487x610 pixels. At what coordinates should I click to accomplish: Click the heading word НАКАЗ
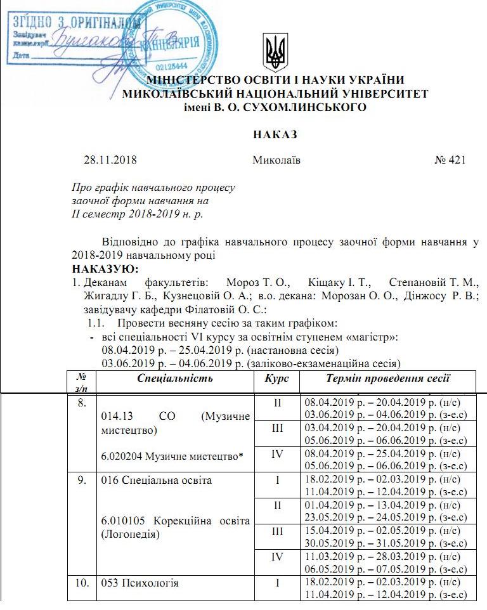(x=275, y=134)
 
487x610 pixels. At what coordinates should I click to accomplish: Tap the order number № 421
(x=450, y=160)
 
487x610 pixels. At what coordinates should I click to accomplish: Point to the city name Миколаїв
(x=276, y=160)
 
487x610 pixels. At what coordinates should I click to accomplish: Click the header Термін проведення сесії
(x=387, y=379)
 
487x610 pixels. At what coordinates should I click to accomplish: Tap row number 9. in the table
(x=82, y=480)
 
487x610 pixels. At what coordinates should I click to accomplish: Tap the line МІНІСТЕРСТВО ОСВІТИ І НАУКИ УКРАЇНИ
(x=275, y=81)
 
